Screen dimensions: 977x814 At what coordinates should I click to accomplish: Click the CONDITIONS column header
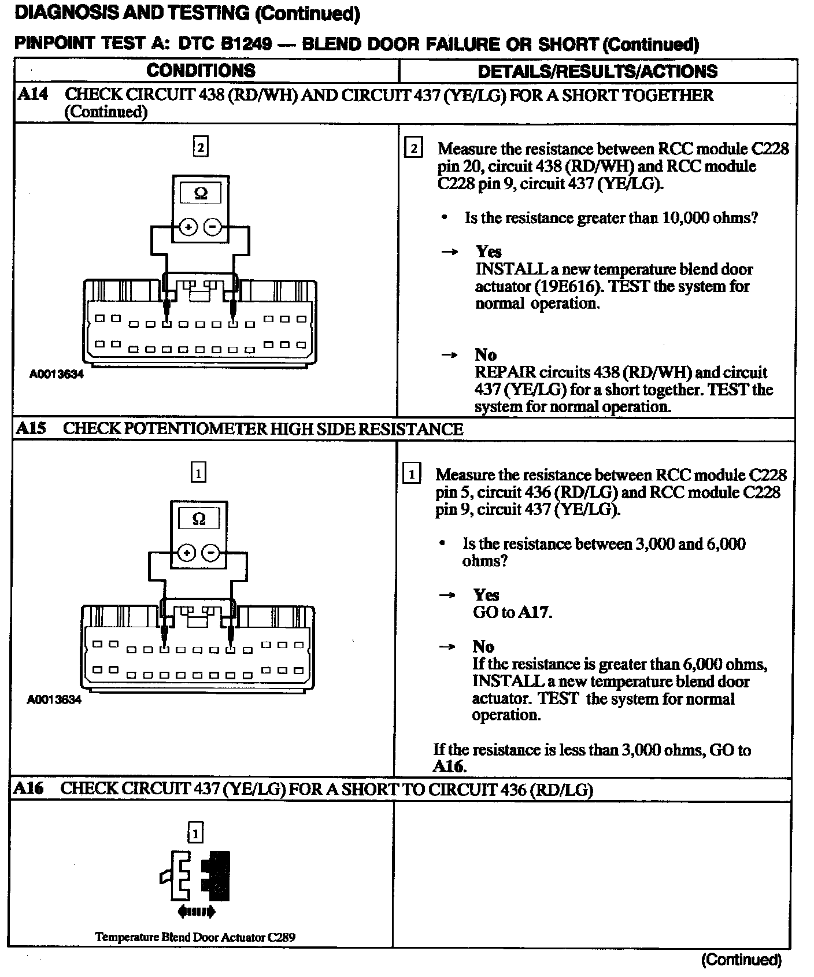[201, 71]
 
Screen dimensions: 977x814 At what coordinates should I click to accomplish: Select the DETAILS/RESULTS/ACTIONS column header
[597, 71]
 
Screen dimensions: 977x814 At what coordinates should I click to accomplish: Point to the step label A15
[31, 428]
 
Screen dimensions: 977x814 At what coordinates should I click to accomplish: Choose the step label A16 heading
[29, 788]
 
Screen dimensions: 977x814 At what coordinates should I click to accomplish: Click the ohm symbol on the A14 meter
[201, 194]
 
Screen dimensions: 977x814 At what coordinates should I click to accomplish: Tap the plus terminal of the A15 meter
[186, 553]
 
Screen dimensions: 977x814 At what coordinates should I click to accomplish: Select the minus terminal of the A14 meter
[213, 227]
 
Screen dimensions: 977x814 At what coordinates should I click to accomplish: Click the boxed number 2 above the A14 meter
[200, 147]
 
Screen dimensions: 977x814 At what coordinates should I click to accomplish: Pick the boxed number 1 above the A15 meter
[198, 473]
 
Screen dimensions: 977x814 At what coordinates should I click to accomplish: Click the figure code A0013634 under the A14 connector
[56, 374]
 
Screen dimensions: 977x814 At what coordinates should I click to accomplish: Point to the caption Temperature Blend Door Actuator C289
[195, 937]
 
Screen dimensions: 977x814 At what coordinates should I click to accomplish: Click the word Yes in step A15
[486, 595]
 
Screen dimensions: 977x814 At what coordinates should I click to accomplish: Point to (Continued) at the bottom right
[741, 960]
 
